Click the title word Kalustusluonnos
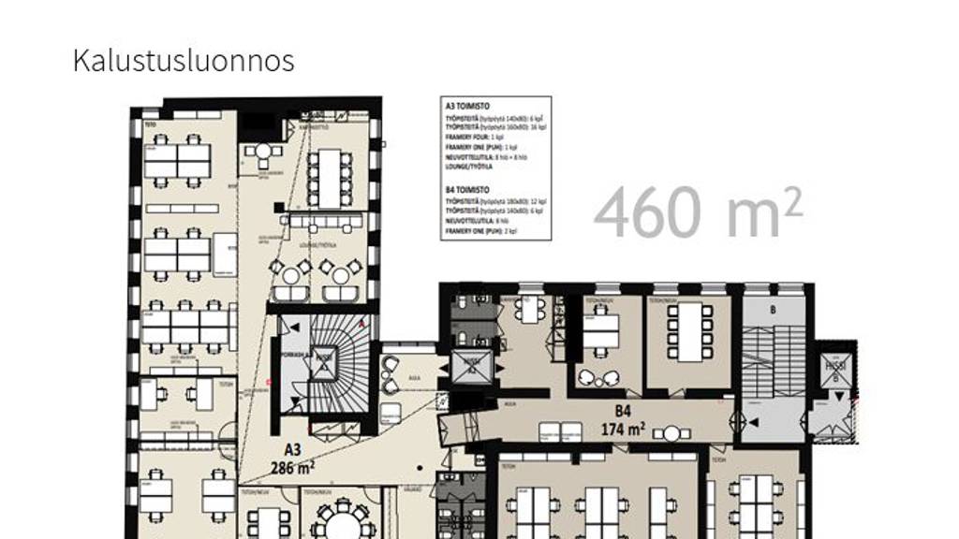point(184,61)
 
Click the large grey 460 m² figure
point(698,212)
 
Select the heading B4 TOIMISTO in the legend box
point(468,190)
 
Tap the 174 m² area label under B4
point(623,430)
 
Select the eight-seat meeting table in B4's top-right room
point(689,329)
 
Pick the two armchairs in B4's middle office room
point(600,377)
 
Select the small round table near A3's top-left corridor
point(264,152)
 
